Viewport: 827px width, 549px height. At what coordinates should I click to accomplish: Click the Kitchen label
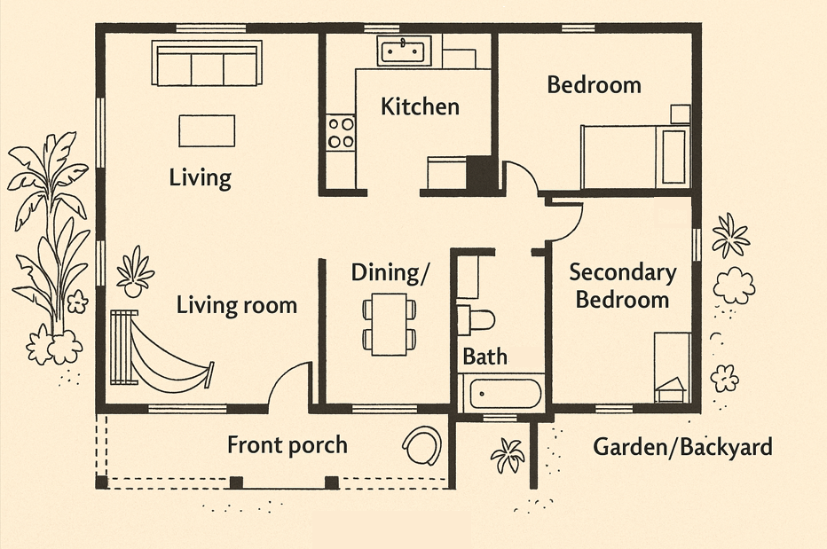coord(420,106)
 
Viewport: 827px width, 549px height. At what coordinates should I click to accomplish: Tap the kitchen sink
coord(404,51)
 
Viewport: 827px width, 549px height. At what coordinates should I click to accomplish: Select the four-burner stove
coord(341,133)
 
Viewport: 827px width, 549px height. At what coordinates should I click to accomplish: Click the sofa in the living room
coord(207,63)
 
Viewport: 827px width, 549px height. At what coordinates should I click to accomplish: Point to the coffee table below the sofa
coord(207,130)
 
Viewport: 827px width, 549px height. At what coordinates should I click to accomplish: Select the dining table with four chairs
coord(390,325)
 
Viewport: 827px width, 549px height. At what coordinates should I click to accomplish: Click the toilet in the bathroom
coord(476,319)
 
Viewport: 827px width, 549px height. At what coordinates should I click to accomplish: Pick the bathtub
coord(501,394)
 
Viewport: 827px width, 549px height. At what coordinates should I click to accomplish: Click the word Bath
coord(484,357)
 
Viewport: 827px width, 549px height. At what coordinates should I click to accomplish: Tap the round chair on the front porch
coord(422,445)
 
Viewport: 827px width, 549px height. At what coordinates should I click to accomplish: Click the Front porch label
coord(287,445)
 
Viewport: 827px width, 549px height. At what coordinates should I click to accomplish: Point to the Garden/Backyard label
coord(682,447)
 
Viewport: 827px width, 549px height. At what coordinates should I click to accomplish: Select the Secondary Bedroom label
coord(623,286)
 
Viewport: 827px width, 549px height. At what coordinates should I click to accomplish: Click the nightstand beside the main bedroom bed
coord(681,114)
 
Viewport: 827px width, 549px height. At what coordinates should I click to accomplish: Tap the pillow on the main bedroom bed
coord(673,157)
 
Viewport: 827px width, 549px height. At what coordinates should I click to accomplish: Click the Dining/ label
coord(390,273)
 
